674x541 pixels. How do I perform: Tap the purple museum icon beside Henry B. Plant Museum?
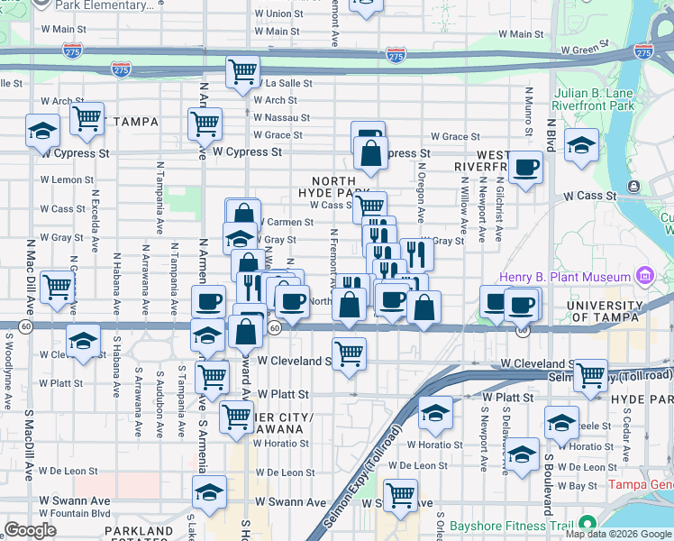click(x=644, y=274)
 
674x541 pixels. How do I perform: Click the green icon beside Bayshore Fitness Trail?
click(x=588, y=523)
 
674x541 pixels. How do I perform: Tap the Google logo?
click(x=31, y=529)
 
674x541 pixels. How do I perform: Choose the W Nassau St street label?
click(x=281, y=117)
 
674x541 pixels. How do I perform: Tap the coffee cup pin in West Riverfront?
click(x=525, y=167)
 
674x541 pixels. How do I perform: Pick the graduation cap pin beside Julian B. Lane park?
click(x=581, y=143)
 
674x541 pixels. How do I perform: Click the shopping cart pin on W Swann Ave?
click(x=400, y=494)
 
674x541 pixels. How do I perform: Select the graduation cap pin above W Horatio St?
click(x=435, y=412)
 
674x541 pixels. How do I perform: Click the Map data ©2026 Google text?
click(x=617, y=533)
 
